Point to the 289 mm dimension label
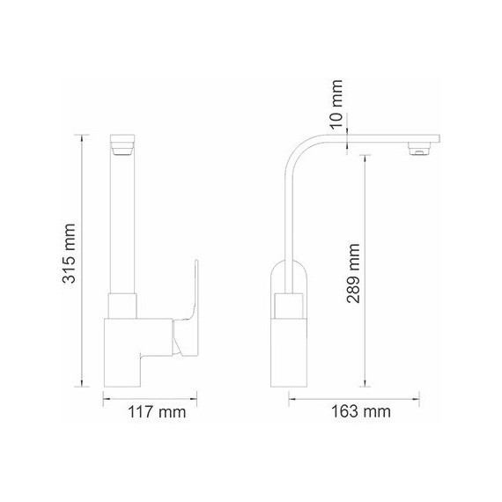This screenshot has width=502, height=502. pos(355,274)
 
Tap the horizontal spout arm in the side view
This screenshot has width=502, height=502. pos(379,138)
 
